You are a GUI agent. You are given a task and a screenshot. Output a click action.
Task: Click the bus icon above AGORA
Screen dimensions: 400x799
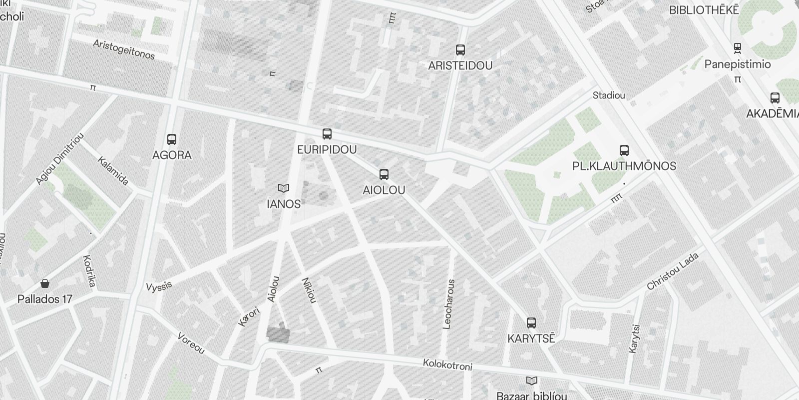click(172, 139)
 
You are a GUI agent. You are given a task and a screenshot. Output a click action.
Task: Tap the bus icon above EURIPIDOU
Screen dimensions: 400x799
click(327, 134)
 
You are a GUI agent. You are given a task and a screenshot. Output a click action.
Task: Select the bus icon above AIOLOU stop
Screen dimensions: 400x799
click(384, 174)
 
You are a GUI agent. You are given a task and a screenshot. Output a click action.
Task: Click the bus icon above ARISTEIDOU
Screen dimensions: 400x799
click(460, 50)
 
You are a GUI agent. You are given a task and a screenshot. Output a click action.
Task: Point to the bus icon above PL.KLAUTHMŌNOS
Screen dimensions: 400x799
click(624, 150)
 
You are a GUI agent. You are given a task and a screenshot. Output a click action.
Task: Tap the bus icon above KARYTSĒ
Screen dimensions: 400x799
click(531, 323)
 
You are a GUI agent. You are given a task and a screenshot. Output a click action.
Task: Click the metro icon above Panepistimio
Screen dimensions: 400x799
click(737, 48)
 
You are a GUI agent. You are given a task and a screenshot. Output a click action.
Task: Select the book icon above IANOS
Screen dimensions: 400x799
click(284, 188)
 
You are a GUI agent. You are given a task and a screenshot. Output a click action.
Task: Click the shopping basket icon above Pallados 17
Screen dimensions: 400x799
click(45, 284)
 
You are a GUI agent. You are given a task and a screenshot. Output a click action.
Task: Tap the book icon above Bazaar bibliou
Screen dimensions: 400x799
click(532, 381)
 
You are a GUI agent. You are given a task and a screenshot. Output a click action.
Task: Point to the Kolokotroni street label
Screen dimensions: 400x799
click(447, 365)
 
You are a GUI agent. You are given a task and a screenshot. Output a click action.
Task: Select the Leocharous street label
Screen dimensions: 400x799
click(449, 304)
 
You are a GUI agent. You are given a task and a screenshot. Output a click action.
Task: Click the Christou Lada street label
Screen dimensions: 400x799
click(673, 271)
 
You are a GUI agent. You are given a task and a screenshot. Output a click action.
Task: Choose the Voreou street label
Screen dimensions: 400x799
click(191, 343)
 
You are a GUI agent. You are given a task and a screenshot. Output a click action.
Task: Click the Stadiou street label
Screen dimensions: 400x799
click(608, 95)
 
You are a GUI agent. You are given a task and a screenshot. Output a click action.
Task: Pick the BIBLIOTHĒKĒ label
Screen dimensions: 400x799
click(703, 10)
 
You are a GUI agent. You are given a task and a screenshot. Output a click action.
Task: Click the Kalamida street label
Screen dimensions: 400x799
click(113, 171)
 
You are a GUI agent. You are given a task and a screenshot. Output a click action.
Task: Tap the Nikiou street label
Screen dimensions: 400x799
click(309, 290)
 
